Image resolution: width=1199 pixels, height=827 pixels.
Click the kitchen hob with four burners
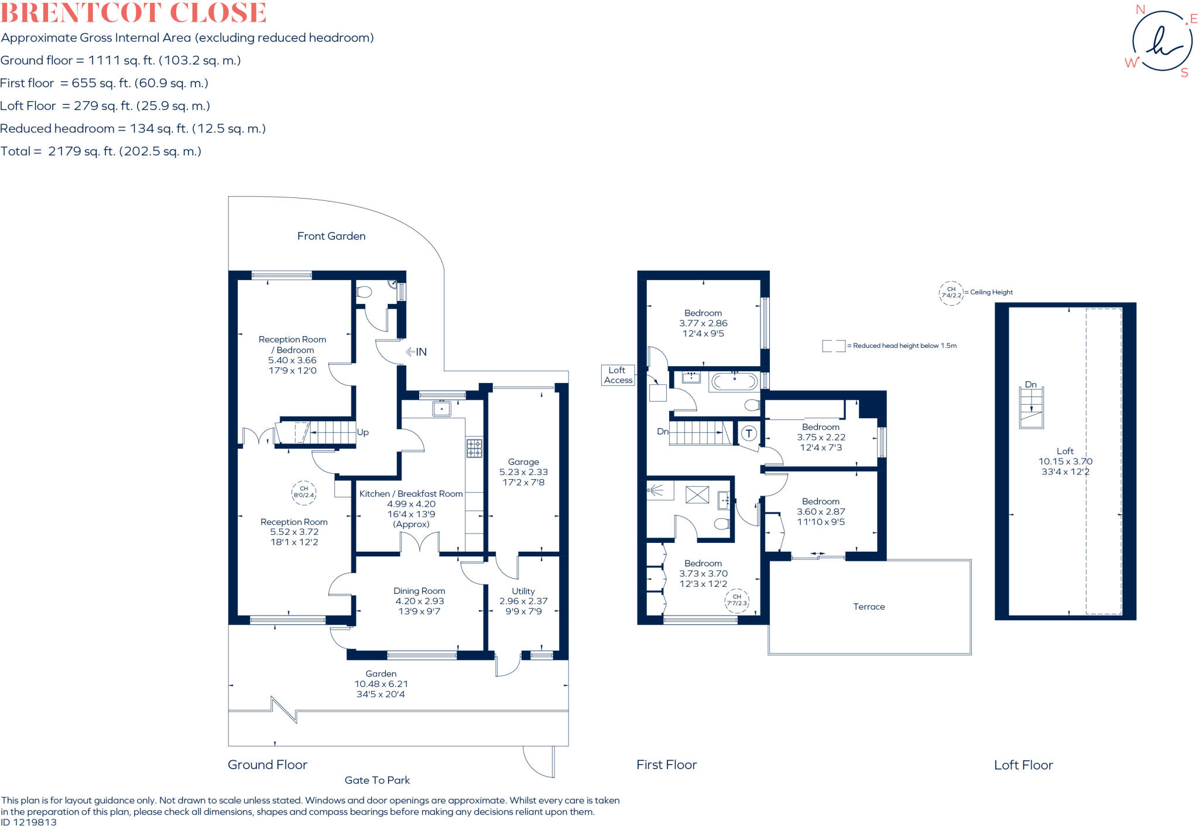pos(474,448)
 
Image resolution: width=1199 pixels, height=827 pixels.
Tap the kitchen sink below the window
pos(441,408)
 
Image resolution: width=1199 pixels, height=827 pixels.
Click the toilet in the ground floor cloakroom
pos(364,292)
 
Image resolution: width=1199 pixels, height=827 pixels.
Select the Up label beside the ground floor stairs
pos(363,432)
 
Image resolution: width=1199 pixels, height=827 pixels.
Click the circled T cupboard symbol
pos(749,433)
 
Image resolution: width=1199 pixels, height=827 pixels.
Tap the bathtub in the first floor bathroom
pos(734,382)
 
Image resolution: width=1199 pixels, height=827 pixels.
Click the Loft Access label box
pos(618,375)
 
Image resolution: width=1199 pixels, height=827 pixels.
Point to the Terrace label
pos(869,607)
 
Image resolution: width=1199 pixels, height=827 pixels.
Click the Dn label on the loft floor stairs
pos(1030,385)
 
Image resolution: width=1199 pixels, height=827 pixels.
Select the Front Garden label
pos(331,236)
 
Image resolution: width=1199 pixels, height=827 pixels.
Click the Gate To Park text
pos(377,780)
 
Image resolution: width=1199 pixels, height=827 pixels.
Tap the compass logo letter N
pos(1140,10)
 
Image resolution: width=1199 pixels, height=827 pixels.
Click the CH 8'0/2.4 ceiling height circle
pos(304,492)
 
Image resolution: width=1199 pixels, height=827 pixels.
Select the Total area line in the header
pos(101,151)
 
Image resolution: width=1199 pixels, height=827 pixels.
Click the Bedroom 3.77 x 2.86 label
pos(703,323)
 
